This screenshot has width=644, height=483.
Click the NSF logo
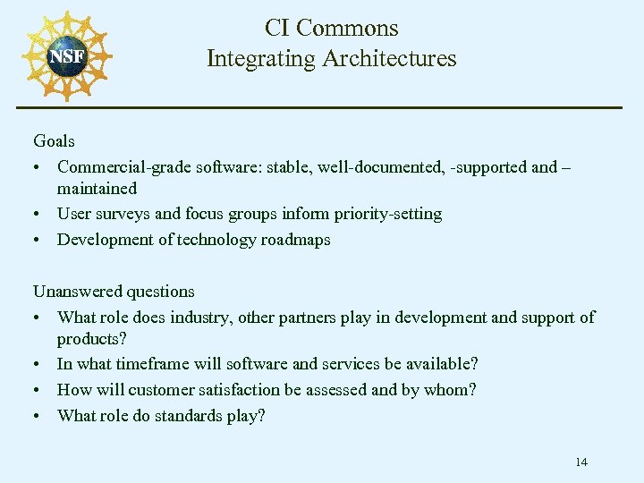[67, 55]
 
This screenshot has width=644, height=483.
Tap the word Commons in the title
[347, 29]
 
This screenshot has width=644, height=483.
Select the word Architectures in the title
[389, 59]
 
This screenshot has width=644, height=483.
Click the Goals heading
[54, 141]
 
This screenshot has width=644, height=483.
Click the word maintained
[97, 189]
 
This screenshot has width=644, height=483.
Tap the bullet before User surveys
[37, 215]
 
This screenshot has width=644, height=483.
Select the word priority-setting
[386, 215]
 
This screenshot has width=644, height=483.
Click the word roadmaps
[295, 240]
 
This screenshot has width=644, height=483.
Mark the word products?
[91, 339]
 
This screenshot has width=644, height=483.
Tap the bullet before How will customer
[37, 390]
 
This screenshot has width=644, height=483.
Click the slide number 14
[581, 462]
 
